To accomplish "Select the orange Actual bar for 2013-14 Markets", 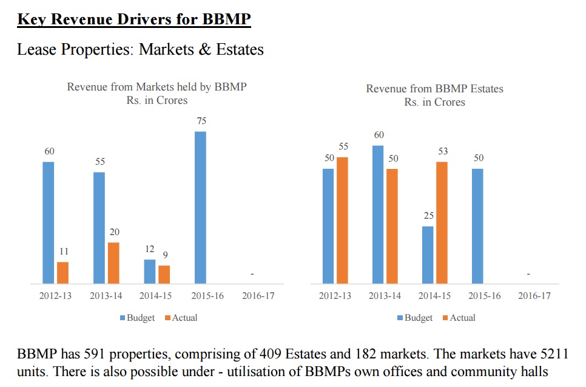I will [x=113, y=263].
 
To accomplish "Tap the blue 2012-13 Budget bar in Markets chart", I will [x=49, y=222].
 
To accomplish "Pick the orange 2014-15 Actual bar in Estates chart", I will [x=442, y=222].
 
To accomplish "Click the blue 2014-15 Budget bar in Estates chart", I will [x=428, y=255].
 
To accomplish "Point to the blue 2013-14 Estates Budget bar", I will [x=378, y=214].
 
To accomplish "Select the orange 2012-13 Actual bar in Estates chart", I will [x=342, y=220].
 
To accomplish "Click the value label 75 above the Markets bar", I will [x=201, y=122].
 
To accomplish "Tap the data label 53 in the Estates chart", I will [x=443, y=151].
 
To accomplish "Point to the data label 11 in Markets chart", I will [x=63, y=252].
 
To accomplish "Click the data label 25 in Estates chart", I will [x=428, y=216].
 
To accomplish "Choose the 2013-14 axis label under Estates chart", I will [x=385, y=296].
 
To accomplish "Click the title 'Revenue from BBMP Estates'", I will [x=434, y=89].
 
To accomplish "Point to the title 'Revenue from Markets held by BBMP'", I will [x=157, y=87].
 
